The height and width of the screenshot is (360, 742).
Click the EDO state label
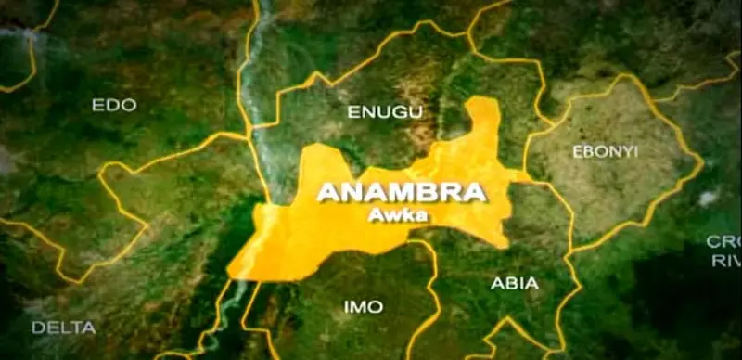pos(114,105)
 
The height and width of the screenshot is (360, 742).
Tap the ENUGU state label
pos(385,112)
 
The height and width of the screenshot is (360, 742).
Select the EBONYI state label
pos(605,151)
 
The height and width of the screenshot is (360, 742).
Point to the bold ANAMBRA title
pos(401,193)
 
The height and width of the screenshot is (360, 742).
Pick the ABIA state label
pos(515,284)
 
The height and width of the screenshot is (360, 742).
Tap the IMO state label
pos(363,306)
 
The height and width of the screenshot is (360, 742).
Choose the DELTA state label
pos(63,328)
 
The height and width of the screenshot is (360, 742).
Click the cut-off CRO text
pos(723,241)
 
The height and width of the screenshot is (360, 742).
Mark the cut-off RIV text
pos(726,262)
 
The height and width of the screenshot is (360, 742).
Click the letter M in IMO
pos(363,306)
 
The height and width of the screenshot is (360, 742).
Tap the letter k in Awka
pos(407,215)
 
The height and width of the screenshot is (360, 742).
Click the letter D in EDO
pos(114,105)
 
